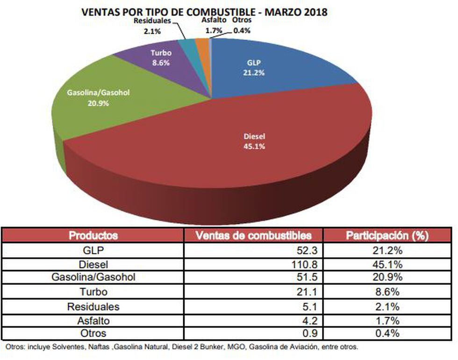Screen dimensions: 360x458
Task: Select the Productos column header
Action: pos(93,235)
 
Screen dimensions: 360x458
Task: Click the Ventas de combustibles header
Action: pos(253,235)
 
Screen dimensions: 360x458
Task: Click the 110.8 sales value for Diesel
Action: pos(306,264)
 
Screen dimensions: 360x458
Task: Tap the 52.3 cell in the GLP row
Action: pos(308,251)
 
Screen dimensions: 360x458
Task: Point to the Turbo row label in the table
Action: pos(93,292)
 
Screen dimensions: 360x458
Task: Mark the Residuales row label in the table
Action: pos(93,306)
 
